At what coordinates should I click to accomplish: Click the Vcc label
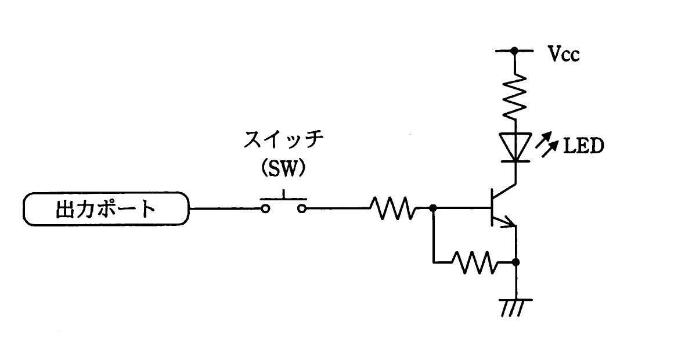[x=564, y=55]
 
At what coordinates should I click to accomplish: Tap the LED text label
[x=583, y=146]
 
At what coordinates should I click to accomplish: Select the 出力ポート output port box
[x=106, y=209]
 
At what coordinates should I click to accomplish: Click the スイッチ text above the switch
[x=283, y=140]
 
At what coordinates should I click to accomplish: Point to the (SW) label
[x=283, y=168]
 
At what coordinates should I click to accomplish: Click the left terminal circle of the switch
[x=265, y=209]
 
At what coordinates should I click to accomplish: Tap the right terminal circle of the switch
[x=302, y=209]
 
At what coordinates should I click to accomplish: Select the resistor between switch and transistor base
[x=393, y=208]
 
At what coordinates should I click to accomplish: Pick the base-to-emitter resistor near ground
[x=474, y=262]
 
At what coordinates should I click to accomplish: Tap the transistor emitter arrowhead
[x=509, y=222]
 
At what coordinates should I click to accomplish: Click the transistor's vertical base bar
[x=491, y=207]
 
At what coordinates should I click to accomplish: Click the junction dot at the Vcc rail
[x=515, y=51]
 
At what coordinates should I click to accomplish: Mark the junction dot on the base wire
[x=433, y=208]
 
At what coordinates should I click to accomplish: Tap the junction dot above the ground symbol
[x=515, y=262]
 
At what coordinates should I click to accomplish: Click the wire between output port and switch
[x=225, y=209]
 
